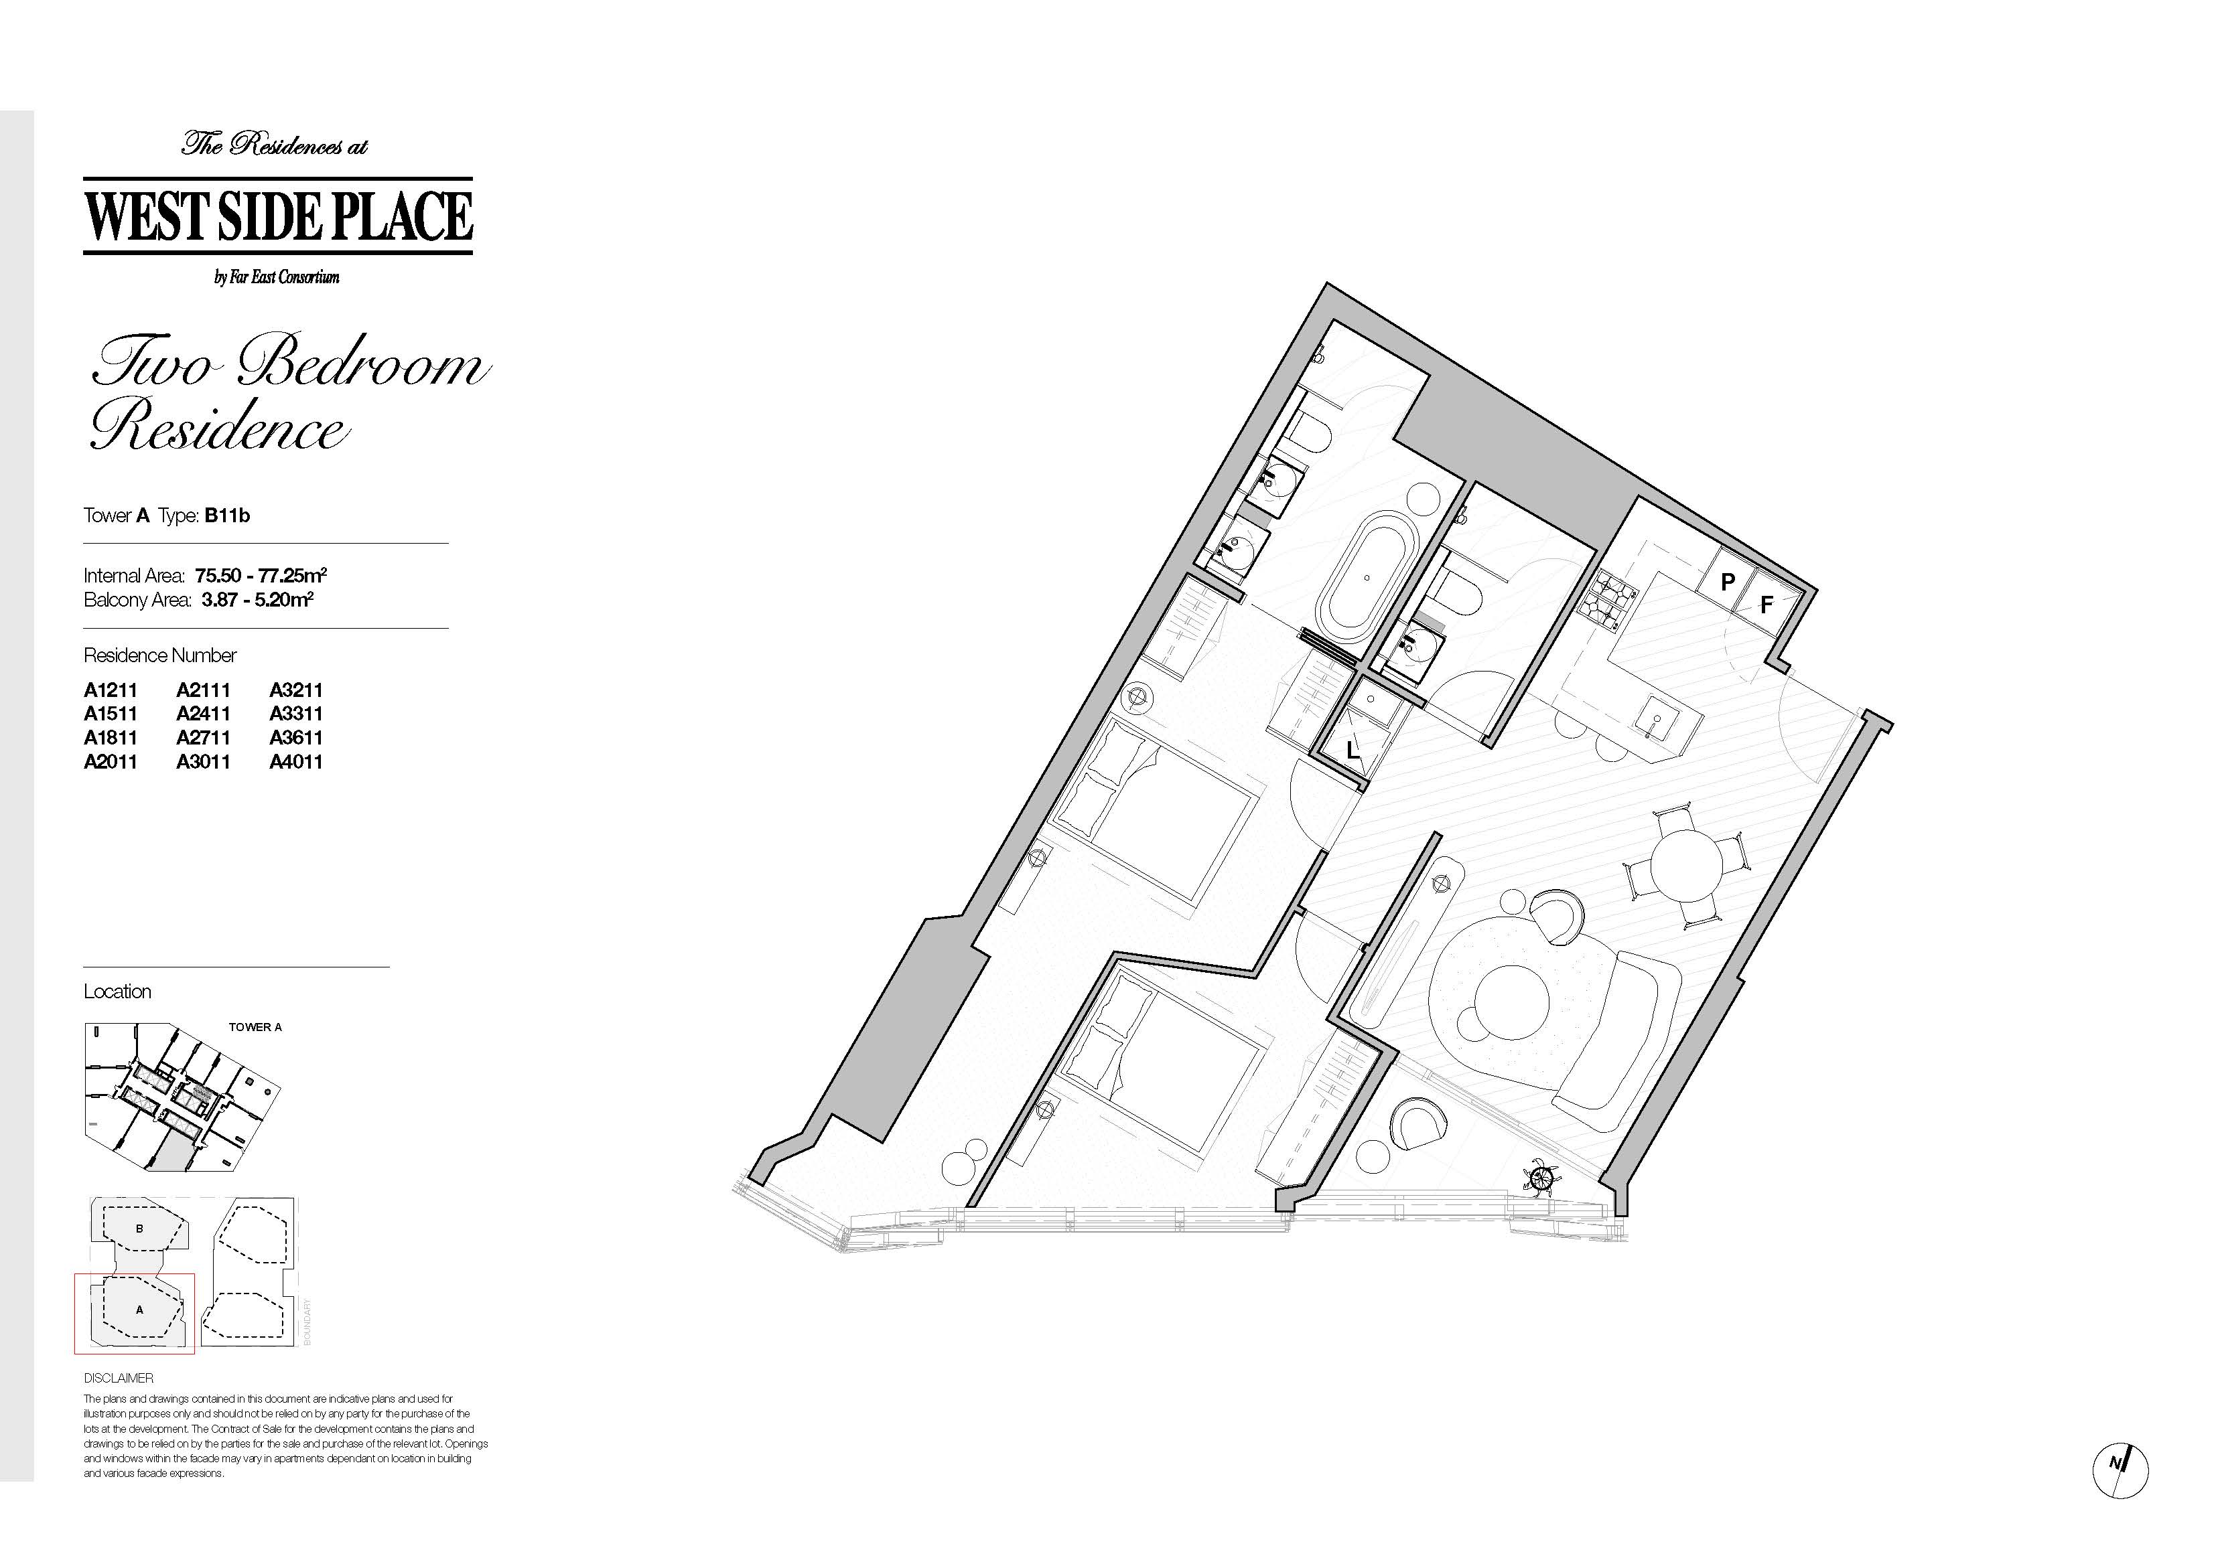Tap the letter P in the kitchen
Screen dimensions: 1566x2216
point(1728,582)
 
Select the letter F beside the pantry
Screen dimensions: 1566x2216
point(1767,605)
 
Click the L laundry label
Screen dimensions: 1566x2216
point(1353,748)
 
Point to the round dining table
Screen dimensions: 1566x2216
point(1686,866)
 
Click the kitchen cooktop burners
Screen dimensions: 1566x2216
point(1608,593)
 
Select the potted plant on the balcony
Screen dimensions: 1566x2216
point(1540,1177)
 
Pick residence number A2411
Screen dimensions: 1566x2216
point(204,714)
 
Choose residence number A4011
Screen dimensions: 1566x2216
point(296,761)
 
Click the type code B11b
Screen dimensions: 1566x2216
point(227,516)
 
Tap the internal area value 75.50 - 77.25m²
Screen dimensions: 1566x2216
point(261,576)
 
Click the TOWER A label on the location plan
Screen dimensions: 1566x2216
point(255,1026)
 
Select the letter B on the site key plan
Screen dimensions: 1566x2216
point(140,1229)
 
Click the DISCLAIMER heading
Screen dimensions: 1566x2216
point(119,1378)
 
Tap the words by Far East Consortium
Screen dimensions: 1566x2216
point(277,278)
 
